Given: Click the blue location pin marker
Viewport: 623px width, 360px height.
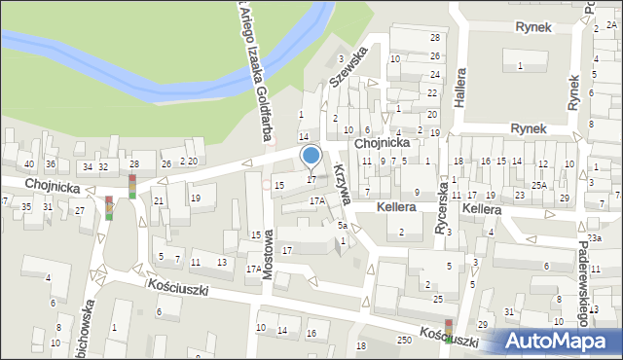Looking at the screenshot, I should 311,156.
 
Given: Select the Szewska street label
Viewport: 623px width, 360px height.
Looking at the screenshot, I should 348,67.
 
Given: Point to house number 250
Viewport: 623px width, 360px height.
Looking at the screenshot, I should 404,338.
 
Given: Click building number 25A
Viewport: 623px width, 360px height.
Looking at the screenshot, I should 538,185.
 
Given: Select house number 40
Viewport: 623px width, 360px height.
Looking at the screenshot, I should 29,163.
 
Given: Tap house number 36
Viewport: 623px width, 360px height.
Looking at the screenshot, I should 51,163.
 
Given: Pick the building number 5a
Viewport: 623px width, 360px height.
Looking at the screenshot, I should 343,226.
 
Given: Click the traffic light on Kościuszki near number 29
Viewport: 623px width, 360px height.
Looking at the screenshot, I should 448,331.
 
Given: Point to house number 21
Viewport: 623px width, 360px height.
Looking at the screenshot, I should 158,200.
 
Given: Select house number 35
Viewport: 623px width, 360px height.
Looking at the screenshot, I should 27,206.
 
